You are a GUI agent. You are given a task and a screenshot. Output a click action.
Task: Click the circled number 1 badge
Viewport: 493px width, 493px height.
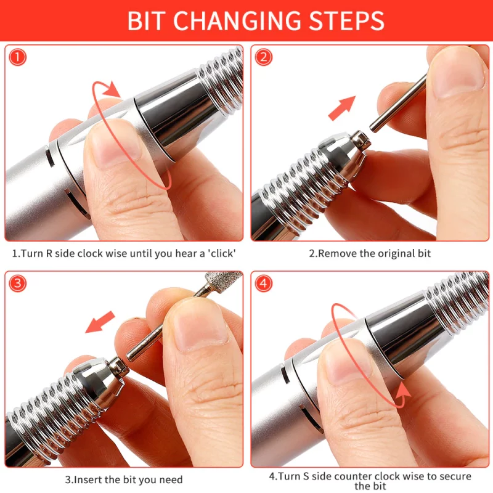pos(18,57)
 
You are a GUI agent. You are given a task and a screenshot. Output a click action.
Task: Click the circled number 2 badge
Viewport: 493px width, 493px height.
pos(264,57)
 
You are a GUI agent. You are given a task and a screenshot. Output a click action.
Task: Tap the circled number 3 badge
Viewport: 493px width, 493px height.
pos(18,283)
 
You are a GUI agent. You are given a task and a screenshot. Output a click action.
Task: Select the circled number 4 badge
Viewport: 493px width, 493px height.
pos(264,283)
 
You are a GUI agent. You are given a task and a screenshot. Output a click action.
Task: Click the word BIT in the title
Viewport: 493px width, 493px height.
pos(146,21)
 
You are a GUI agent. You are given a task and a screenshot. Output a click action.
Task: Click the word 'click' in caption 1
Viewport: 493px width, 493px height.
pos(222,253)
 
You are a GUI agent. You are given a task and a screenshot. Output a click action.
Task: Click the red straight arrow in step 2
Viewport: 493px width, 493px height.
pos(341,108)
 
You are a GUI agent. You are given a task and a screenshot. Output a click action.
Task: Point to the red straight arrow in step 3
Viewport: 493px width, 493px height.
pos(100,322)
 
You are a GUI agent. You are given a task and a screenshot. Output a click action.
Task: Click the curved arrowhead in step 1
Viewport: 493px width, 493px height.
pos(112,89)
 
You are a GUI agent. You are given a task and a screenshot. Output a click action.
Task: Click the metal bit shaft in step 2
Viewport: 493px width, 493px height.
pos(398,102)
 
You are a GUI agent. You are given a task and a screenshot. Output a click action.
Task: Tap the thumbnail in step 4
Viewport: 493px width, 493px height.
pos(346,366)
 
